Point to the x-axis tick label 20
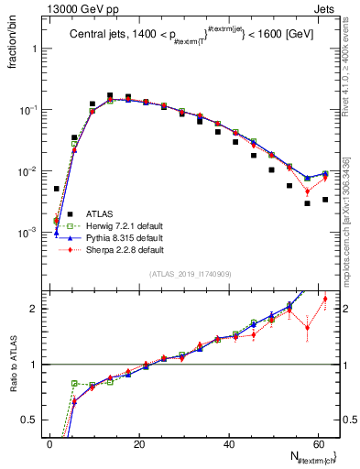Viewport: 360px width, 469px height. click(x=139, y=444)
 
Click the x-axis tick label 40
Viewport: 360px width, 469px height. click(x=229, y=444)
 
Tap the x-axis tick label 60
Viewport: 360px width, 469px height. click(x=319, y=444)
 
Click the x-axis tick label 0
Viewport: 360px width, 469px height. click(x=49, y=444)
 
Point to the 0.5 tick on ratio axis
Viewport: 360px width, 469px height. click(x=34, y=420)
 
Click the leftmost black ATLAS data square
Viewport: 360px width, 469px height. click(x=56, y=189)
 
